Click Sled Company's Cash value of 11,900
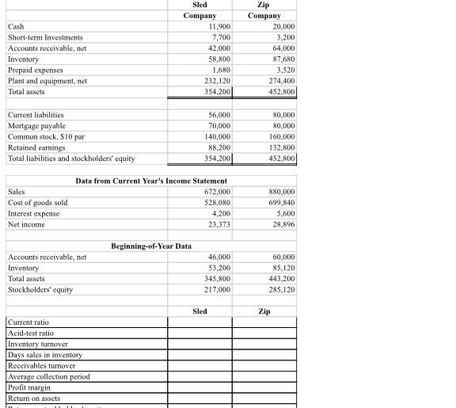coord(218,26)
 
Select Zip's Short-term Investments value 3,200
coord(286,37)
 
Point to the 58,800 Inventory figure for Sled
coord(218,59)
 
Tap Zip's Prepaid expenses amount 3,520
coord(286,70)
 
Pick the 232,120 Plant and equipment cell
coord(216,81)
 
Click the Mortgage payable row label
coord(36,126)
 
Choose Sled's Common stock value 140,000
coord(216,136)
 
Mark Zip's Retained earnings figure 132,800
coord(282,147)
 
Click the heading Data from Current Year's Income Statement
coord(140,181)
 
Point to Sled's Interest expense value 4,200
coord(221,213)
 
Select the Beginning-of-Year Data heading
coord(151,246)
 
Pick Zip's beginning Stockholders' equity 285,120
coord(282,289)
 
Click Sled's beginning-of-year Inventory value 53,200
coord(218,268)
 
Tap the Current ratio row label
coord(28,322)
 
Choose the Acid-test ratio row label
coord(31,334)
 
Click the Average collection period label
coord(48,376)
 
